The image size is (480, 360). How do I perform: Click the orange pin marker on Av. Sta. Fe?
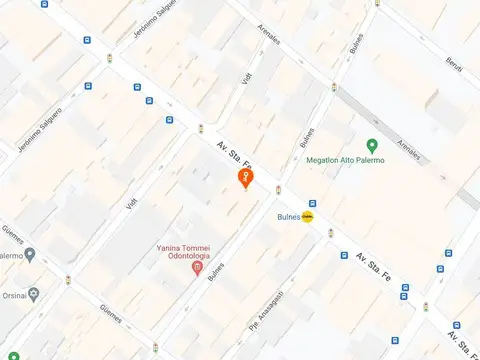[x=245, y=178]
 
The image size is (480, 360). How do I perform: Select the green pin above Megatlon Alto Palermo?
[x=371, y=146]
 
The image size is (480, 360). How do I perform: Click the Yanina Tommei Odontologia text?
[x=196, y=252]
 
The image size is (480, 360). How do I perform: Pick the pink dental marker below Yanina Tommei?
[x=197, y=267]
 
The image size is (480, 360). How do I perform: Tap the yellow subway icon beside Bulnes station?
[x=308, y=216]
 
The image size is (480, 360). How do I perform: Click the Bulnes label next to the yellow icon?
[x=288, y=216]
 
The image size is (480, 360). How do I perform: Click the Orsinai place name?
[x=12, y=295]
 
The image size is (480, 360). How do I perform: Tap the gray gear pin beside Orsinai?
[x=34, y=294]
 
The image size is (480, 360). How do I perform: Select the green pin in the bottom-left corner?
[x=13, y=355]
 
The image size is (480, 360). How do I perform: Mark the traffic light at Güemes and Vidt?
[x=68, y=280]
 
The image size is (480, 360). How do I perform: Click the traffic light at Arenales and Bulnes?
[x=333, y=87]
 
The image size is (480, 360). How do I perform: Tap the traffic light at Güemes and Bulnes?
[x=155, y=347]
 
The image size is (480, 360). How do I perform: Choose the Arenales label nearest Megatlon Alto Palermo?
[x=408, y=151]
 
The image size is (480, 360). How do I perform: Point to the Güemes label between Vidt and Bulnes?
[x=111, y=315]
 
